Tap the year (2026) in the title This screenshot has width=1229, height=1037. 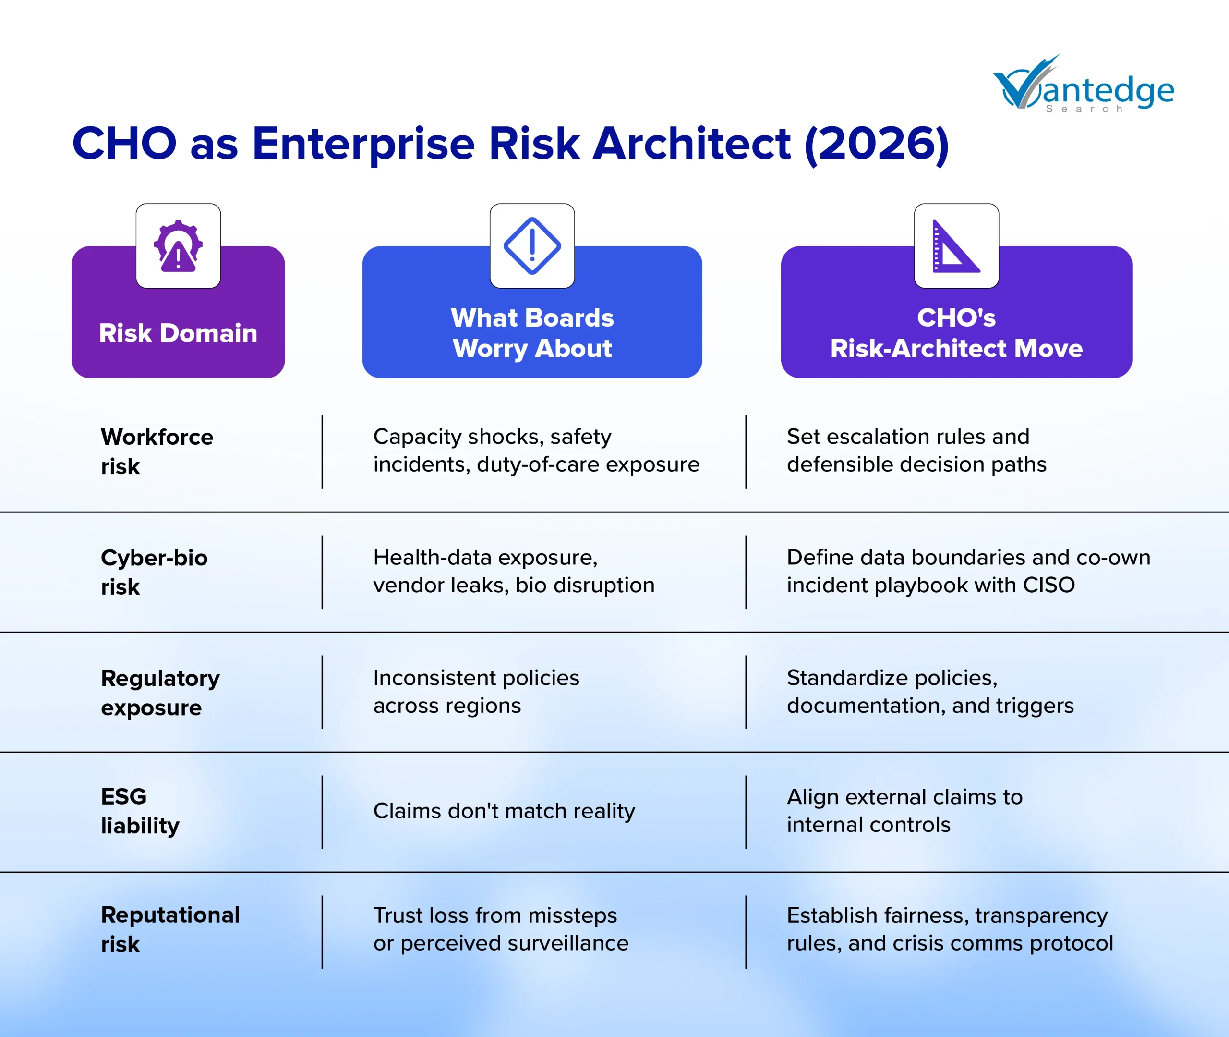876,144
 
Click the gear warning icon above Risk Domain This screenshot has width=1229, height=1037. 178,246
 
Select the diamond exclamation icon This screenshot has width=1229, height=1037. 532,246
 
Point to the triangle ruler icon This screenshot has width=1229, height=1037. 956,246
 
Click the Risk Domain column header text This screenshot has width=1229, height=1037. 178,333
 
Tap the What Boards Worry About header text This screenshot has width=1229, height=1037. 532,333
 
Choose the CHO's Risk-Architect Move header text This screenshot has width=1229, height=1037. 956,333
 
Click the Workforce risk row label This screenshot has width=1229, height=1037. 157,451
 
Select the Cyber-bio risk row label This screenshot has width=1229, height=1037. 154,572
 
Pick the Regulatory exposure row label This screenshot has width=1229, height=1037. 160,693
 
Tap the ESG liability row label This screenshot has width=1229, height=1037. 140,811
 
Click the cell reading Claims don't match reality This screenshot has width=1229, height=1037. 504,811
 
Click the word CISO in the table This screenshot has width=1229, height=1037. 1048,585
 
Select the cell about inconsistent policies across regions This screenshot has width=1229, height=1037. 476,691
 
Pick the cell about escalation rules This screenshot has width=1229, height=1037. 916,451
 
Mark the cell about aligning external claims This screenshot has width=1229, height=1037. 905,811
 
